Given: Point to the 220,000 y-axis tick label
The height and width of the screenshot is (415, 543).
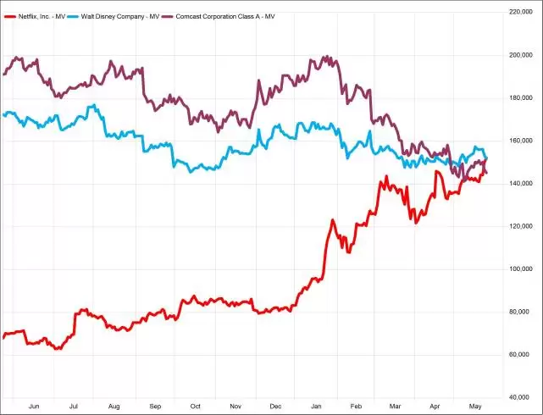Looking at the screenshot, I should (519, 12).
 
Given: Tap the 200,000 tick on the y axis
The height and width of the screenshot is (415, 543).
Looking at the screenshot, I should (519, 55).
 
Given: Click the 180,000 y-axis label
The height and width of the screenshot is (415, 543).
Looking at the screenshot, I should (519, 97).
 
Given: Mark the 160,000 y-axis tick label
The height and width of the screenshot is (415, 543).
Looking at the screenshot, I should (519, 141).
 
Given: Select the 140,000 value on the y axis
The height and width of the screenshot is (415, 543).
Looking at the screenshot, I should (519, 184).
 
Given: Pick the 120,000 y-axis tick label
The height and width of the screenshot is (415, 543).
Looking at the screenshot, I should (519, 226).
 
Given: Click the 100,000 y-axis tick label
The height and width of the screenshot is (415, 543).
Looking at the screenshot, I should (519, 269).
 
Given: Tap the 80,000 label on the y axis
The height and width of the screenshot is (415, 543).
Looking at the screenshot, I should (521, 312).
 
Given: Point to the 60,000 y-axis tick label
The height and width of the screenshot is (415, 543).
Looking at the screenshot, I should (521, 355).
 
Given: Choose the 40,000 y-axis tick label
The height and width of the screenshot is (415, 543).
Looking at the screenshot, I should (521, 397).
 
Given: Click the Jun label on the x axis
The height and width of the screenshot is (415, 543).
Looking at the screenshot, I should (34, 407).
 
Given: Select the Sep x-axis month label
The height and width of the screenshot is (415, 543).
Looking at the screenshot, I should (155, 407).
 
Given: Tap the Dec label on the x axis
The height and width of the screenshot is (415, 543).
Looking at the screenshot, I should (276, 407).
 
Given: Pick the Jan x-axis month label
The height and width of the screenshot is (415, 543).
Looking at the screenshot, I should (317, 407).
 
